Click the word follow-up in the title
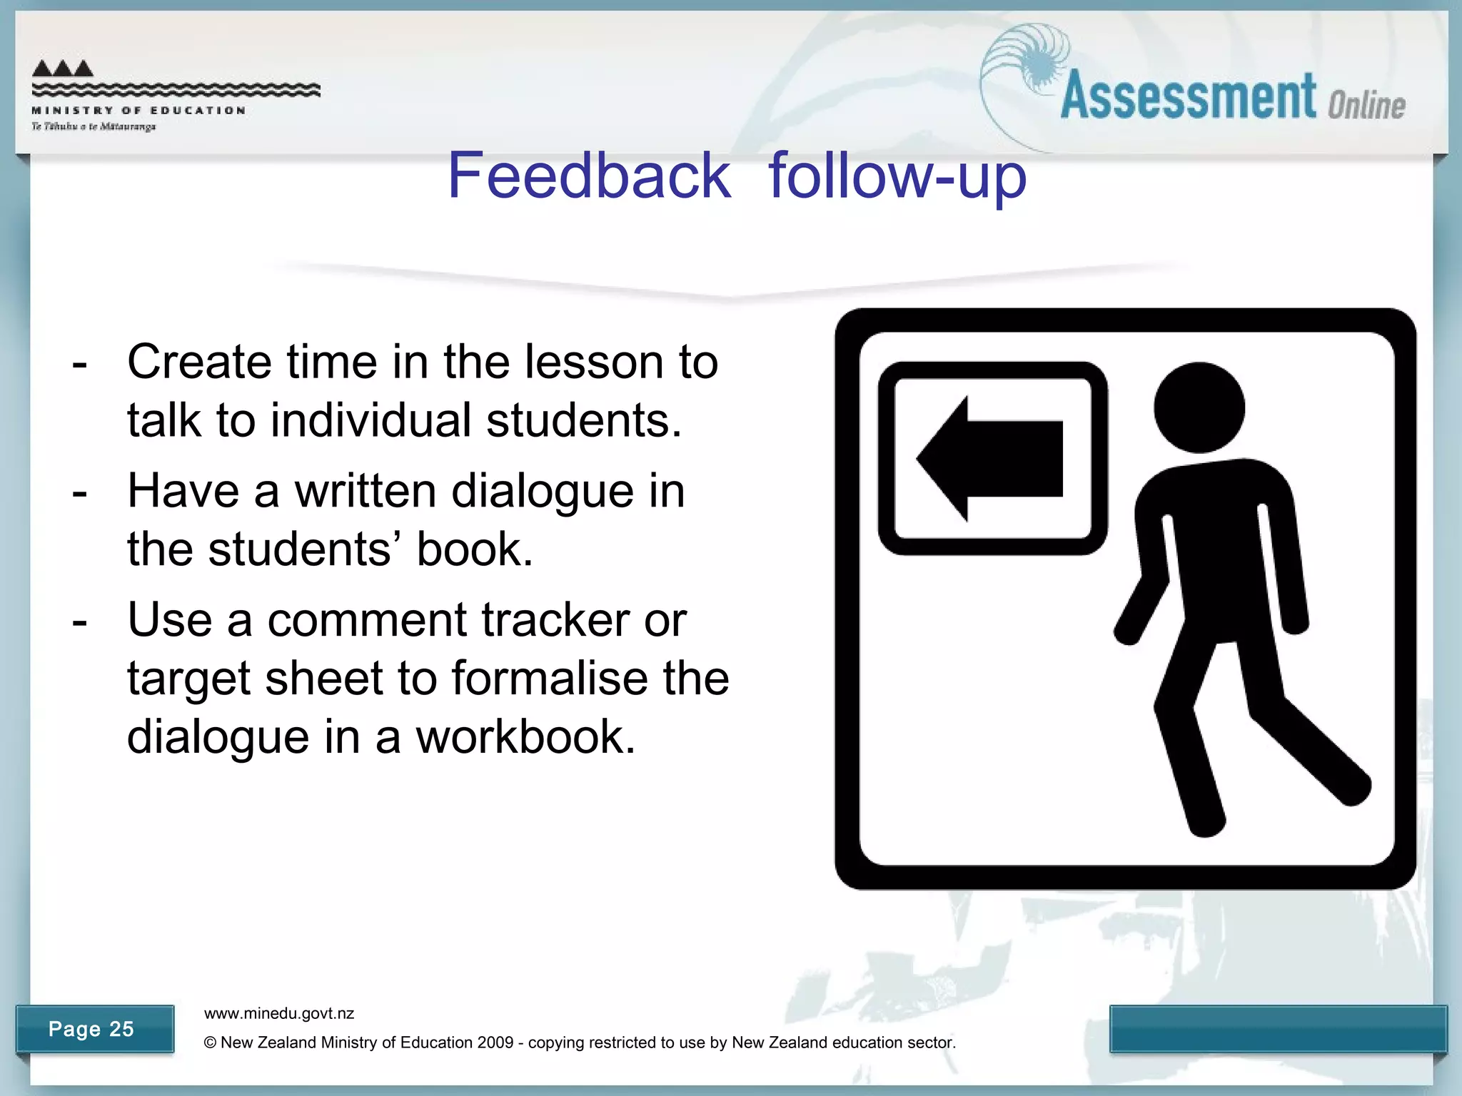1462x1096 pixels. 897,177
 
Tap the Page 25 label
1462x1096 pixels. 91,1029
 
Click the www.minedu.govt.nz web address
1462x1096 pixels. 279,1013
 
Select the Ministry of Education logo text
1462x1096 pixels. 138,111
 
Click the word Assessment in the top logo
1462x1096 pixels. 1188,97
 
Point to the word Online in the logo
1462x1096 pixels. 1366,106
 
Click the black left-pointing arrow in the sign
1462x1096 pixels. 989,459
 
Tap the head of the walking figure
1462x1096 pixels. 1199,407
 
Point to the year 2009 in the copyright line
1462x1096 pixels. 495,1042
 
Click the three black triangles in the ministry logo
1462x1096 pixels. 63,68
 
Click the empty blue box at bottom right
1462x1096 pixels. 1278,1028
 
